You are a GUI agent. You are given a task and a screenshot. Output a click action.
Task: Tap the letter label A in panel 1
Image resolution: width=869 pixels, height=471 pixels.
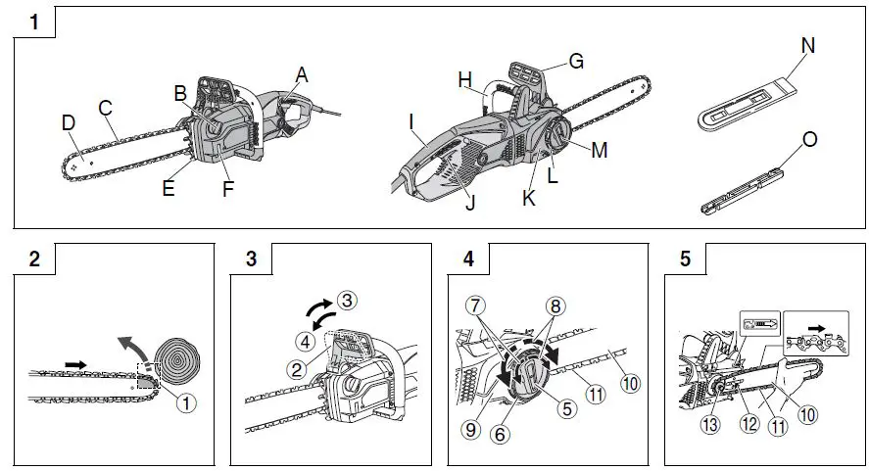[x=301, y=74]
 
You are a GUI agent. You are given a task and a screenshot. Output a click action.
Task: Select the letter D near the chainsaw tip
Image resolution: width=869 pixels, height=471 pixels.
[x=68, y=122]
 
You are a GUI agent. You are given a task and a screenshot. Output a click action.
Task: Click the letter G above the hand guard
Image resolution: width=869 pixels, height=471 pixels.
[x=576, y=61]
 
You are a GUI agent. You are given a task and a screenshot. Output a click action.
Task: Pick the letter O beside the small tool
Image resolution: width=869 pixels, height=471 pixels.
[x=810, y=139]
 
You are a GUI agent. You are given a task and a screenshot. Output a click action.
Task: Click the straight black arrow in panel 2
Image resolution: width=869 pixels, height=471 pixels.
[x=74, y=363]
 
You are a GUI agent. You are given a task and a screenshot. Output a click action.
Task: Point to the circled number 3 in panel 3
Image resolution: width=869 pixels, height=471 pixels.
[x=344, y=300]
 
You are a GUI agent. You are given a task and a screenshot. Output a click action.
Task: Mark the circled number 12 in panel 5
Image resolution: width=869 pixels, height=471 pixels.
[x=751, y=424]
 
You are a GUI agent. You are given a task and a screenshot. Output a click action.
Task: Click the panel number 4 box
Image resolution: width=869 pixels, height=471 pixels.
[x=468, y=259]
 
